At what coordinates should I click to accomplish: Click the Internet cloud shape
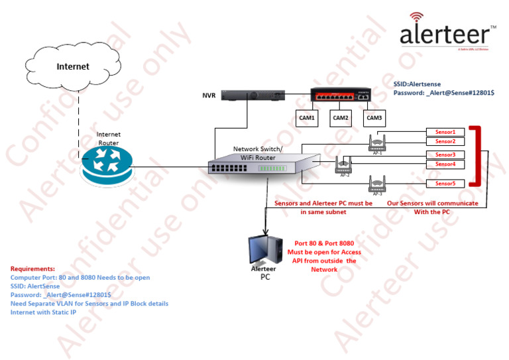(72, 66)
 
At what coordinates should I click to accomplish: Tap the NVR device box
(253, 95)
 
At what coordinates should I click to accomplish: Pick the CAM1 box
(308, 118)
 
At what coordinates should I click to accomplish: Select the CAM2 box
(341, 118)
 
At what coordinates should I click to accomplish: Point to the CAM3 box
(374, 118)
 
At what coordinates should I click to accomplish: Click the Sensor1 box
(445, 133)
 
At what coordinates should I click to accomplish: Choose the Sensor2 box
(445, 141)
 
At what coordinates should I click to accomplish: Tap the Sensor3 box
(445, 155)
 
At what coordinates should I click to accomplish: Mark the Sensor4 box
(445, 164)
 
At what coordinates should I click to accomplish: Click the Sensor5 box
(445, 184)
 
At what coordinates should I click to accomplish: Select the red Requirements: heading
(32, 269)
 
